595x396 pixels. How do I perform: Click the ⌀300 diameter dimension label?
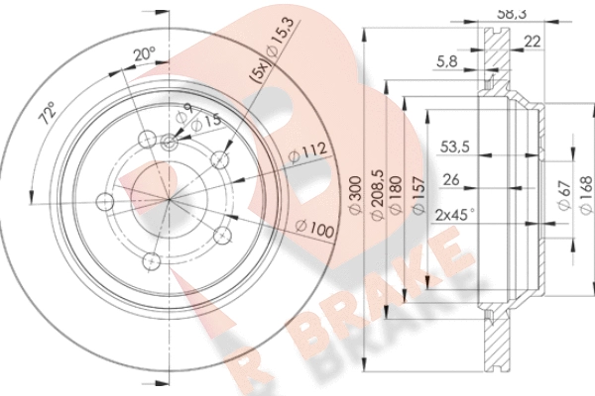point(356,195)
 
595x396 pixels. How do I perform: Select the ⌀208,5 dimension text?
point(378,195)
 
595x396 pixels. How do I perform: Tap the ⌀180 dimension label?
point(395,195)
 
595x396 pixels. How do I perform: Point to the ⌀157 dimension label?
point(417,196)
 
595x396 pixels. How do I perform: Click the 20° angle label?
point(144,54)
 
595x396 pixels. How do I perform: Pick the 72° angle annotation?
point(49,113)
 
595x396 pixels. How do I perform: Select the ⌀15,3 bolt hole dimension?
point(280,39)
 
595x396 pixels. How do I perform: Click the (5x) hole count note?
point(260,72)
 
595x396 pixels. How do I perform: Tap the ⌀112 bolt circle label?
point(307,151)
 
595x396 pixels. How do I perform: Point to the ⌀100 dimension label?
point(314,229)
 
